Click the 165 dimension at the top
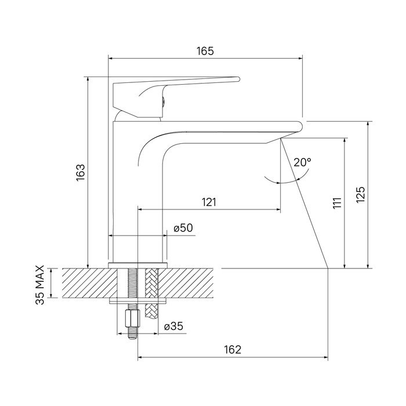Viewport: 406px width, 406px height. click(x=205, y=51)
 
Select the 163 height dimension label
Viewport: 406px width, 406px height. click(x=81, y=173)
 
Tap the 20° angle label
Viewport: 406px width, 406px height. click(x=302, y=162)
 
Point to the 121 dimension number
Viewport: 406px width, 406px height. click(x=209, y=202)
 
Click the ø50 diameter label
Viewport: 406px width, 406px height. click(x=183, y=228)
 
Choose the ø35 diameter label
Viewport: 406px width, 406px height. click(x=173, y=326)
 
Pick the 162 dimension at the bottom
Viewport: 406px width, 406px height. click(x=233, y=350)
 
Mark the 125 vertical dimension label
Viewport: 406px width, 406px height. click(x=360, y=194)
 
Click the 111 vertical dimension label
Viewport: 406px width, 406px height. click(x=337, y=203)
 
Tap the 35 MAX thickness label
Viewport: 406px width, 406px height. click(x=40, y=285)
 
